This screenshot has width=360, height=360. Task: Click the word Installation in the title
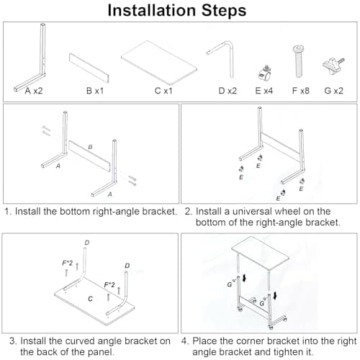click(x=152, y=10)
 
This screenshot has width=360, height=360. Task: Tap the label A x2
click(x=34, y=91)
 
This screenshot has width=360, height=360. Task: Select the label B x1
click(x=95, y=91)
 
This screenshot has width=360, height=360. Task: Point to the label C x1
click(x=163, y=91)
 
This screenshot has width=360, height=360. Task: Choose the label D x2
click(x=228, y=91)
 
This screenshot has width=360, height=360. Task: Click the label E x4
click(x=264, y=91)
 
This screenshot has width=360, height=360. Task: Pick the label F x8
click(x=301, y=91)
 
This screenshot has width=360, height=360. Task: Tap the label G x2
click(x=333, y=91)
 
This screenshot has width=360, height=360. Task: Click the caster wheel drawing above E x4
click(x=264, y=73)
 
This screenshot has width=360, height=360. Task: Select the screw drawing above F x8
click(x=299, y=61)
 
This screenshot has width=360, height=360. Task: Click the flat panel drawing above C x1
click(x=159, y=63)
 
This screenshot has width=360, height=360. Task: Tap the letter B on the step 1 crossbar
click(x=90, y=147)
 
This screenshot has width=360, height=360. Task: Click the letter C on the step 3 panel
click(x=90, y=299)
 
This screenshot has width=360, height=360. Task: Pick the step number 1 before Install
click(x=8, y=212)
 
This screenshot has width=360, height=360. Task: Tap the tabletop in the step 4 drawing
click(x=261, y=253)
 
